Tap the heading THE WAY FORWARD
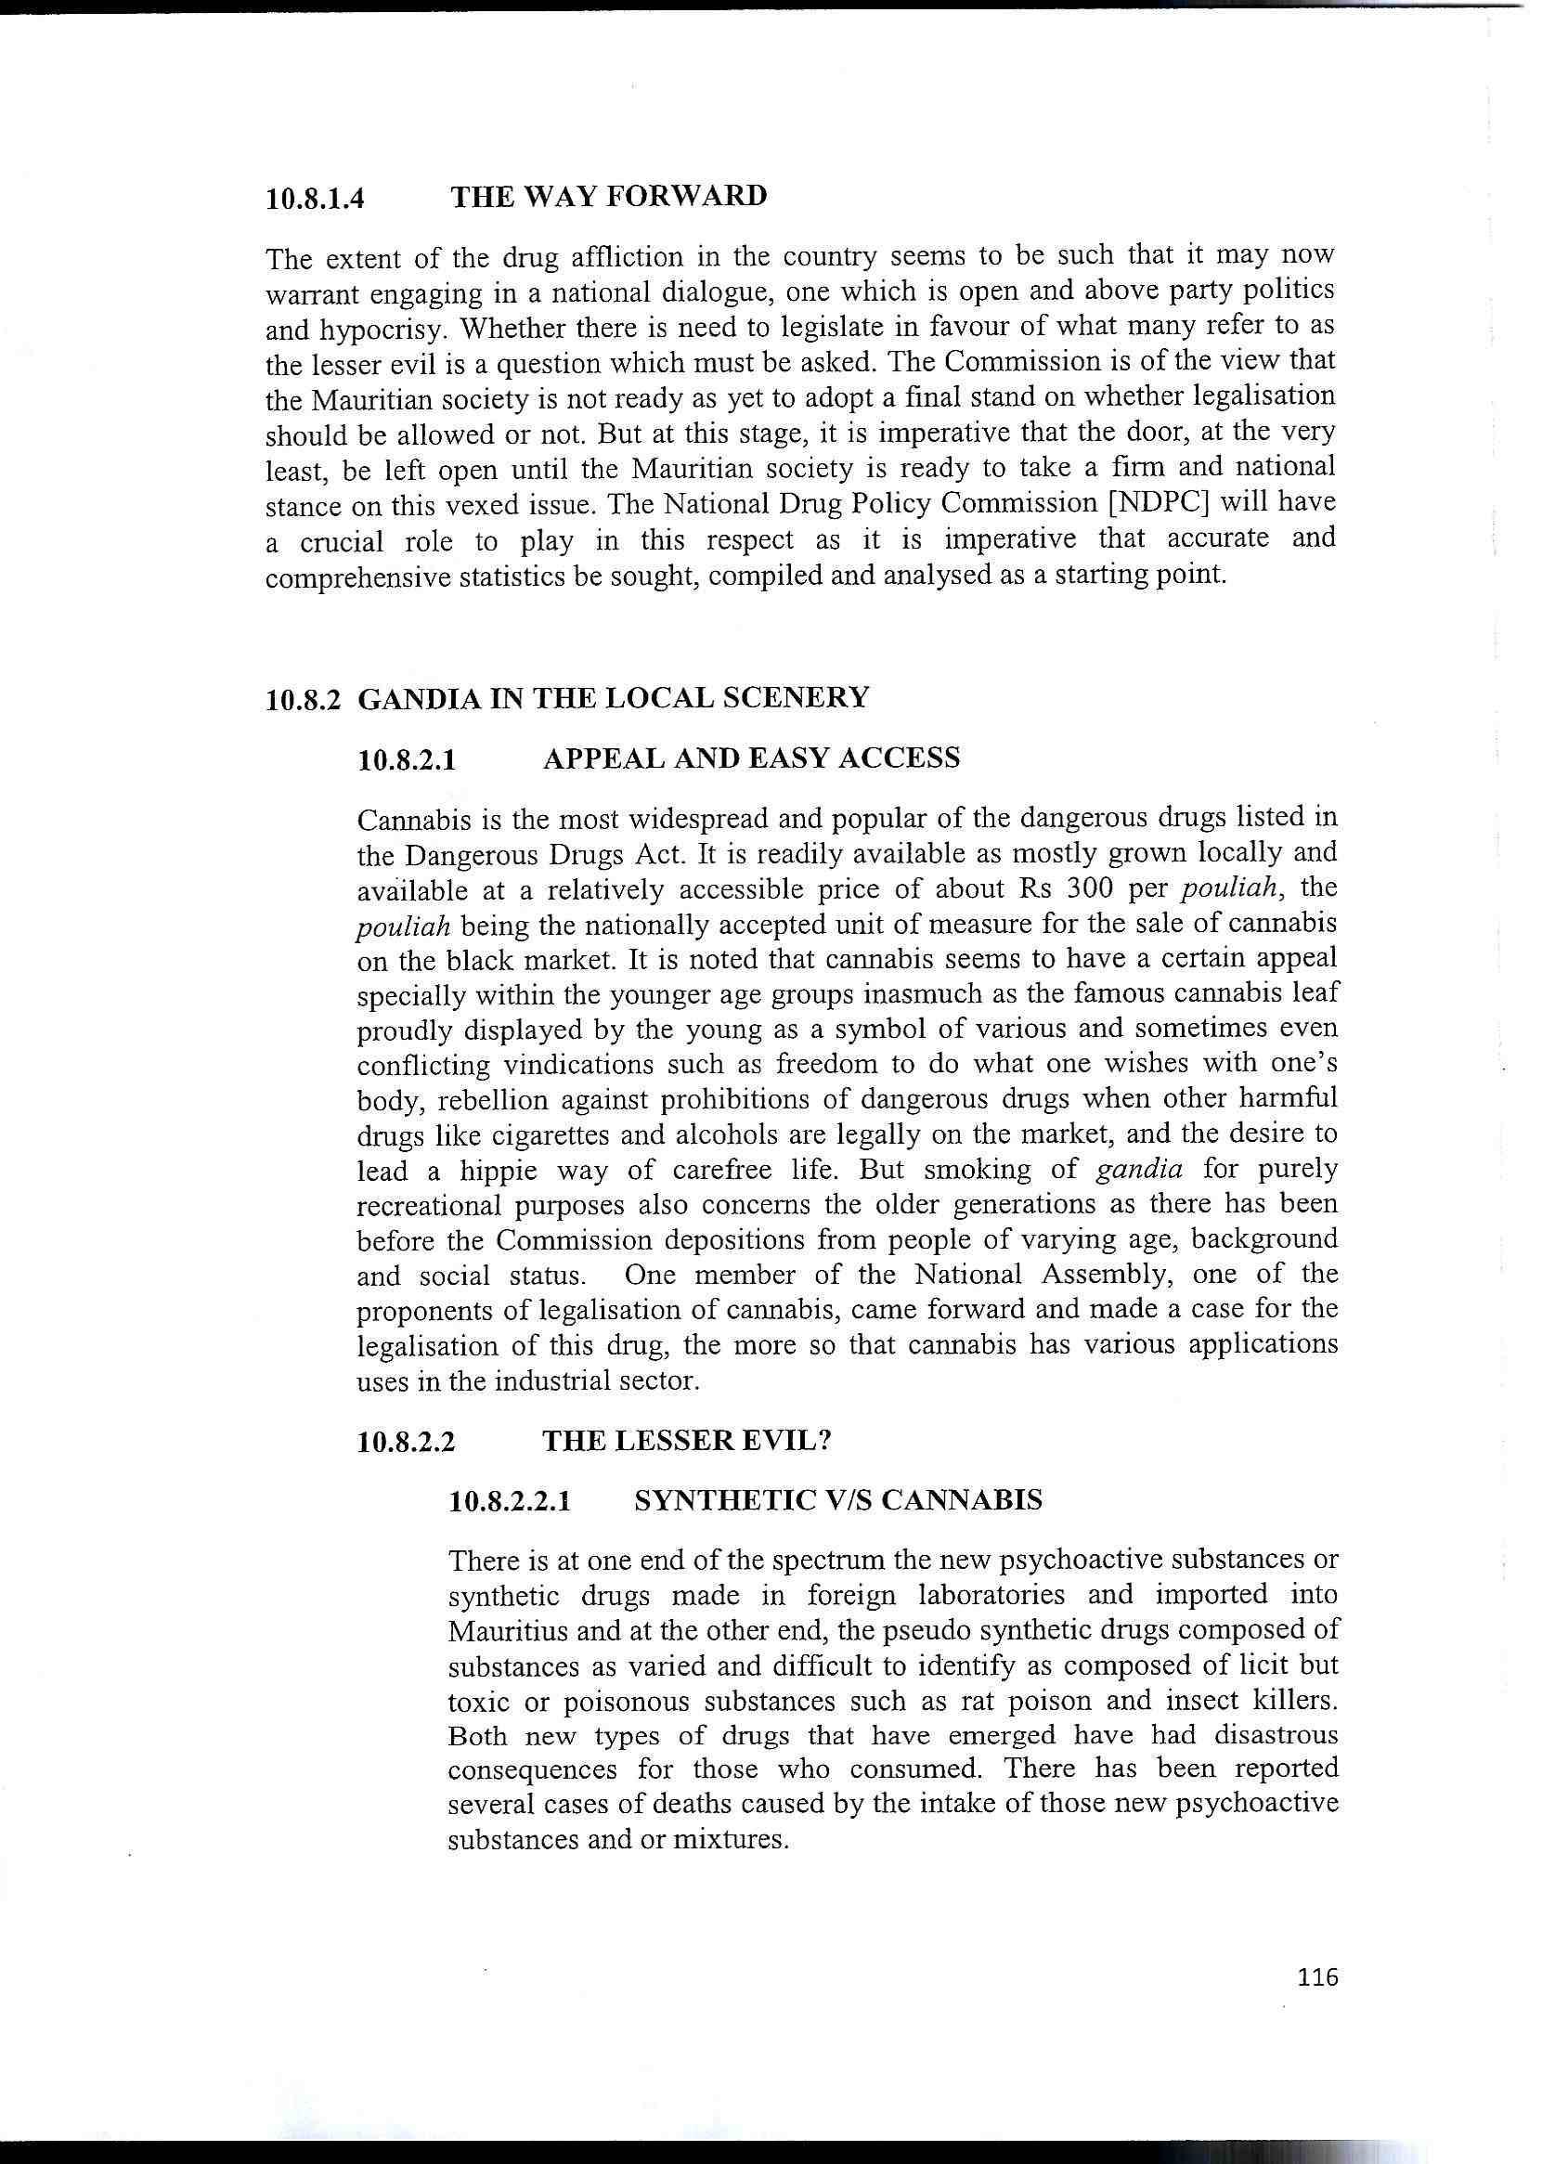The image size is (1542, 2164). click(x=609, y=197)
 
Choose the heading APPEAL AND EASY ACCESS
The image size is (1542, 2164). click(x=751, y=758)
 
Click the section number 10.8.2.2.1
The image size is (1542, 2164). click(x=511, y=1501)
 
